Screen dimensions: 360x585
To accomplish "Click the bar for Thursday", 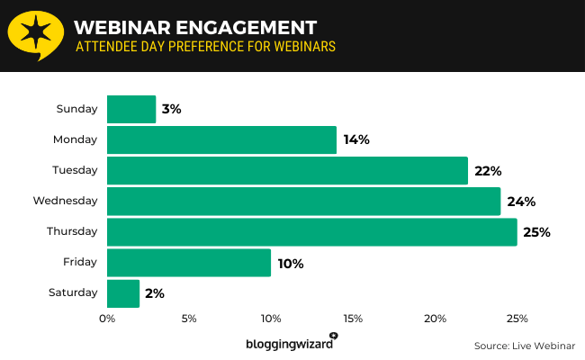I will pos(311,231).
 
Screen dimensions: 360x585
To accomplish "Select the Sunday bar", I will pos(131,109).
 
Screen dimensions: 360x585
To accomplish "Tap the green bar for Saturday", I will pos(123,293).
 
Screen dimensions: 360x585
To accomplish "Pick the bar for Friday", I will pos(189,263).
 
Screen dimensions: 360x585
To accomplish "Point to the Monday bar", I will pos(221,139).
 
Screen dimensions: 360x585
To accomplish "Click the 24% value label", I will pos(521,201).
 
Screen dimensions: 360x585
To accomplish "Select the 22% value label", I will pos(489,170).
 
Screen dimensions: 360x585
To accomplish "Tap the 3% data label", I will pos(172,109).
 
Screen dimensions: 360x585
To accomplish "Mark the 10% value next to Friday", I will pos(291,264).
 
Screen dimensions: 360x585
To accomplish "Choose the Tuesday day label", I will pos(75,170).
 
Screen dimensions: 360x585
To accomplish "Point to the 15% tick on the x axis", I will pos(353,319).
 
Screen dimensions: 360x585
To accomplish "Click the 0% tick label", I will pos(107,319).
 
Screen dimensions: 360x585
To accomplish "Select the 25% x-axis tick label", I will pos(517,319).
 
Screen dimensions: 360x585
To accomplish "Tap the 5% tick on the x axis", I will pos(189,319).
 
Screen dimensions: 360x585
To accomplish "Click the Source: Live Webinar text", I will pos(524,346).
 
